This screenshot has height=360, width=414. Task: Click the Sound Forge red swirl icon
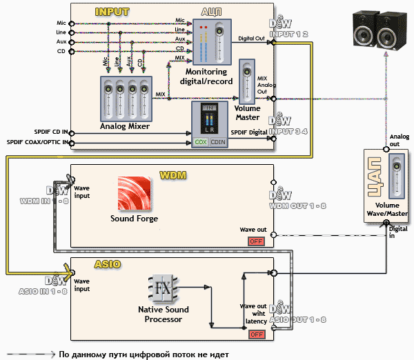[x=135, y=194]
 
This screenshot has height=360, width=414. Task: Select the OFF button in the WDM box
[x=257, y=241]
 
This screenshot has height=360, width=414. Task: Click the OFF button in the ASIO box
[x=257, y=334]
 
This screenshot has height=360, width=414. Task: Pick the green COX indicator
[x=201, y=141]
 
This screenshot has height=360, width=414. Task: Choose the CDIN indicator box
[x=217, y=141]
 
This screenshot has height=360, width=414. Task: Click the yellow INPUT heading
[x=112, y=12]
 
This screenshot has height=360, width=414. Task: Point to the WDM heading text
[x=172, y=176]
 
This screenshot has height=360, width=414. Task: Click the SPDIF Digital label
[x=248, y=132]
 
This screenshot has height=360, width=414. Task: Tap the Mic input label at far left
[x=61, y=23]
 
